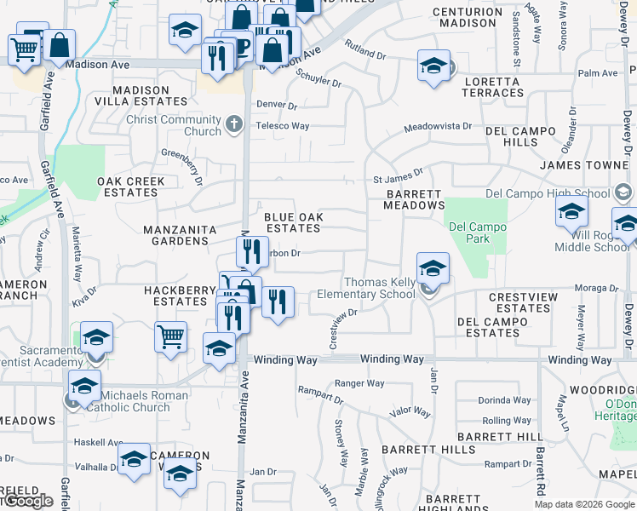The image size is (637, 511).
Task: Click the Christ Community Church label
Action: click(x=174, y=125)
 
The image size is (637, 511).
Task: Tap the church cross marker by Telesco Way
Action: click(x=236, y=126)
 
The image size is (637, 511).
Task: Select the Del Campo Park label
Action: click(x=477, y=233)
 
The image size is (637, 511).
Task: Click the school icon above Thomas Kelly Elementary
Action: click(x=433, y=268)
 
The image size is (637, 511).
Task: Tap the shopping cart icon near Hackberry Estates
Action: click(x=171, y=336)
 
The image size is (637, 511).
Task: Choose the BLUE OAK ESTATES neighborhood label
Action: click(x=293, y=222)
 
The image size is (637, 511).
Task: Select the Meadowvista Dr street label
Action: click(x=437, y=126)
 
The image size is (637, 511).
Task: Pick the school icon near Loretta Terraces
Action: click(x=433, y=66)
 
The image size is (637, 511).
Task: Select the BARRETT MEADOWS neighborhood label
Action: click(x=414, y=199)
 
